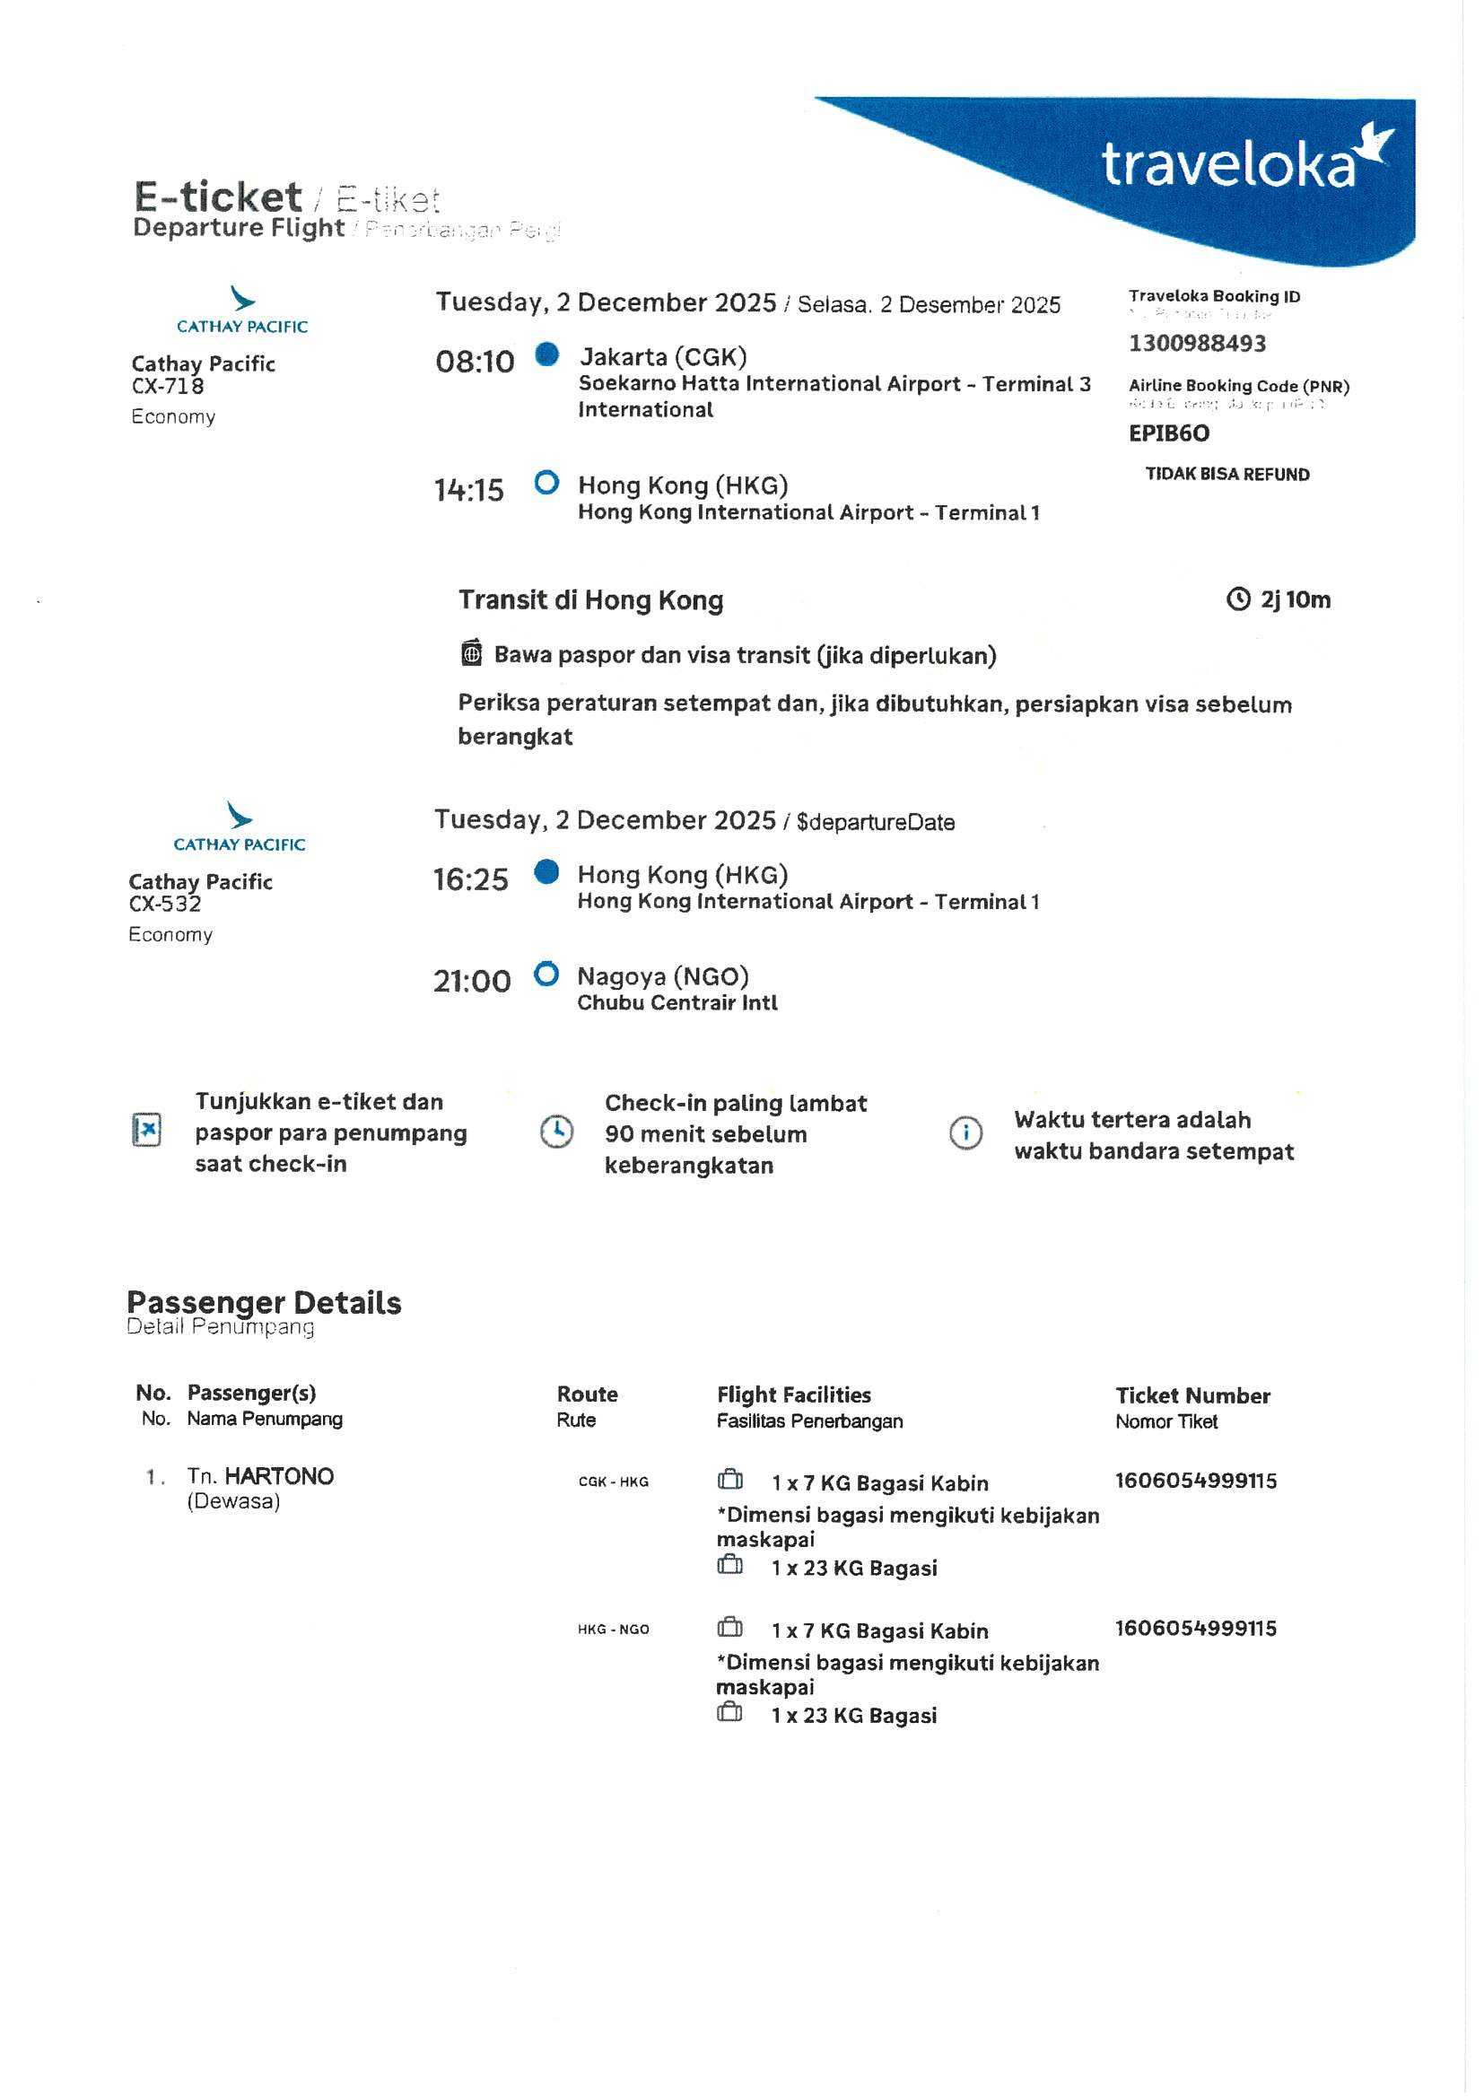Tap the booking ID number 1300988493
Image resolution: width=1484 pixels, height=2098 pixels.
point(1197,344)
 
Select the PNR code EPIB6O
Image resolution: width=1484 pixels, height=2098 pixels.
point(1169,433)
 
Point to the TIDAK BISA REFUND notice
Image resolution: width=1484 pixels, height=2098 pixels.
point(1227,474)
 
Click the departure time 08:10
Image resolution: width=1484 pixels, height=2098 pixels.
point(475,362)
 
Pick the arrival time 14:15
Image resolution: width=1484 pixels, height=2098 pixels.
point(468,491)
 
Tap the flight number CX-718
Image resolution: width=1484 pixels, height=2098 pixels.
point(168,387)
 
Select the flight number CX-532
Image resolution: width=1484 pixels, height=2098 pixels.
point(165,905)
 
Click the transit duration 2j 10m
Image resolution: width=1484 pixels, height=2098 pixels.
point(1295,600)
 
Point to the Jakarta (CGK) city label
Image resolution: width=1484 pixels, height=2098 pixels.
point(662,356)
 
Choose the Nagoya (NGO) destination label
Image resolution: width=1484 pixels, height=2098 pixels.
point(662,977)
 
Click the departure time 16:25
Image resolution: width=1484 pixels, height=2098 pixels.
point(471,880)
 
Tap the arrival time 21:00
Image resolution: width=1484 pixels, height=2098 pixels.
point(472,982)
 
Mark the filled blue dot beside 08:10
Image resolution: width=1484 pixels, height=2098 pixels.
point(546,354)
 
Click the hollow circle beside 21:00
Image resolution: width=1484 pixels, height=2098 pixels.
point(546,975)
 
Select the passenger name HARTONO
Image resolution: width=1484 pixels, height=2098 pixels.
point(279,1477)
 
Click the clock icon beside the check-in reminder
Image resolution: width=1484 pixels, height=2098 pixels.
point(556,1132)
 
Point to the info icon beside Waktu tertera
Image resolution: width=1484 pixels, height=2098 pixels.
point(966,1133)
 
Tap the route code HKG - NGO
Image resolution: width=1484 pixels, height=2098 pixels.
point(613,1630)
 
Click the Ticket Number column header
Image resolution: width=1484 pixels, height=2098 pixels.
point(1192,1395)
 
